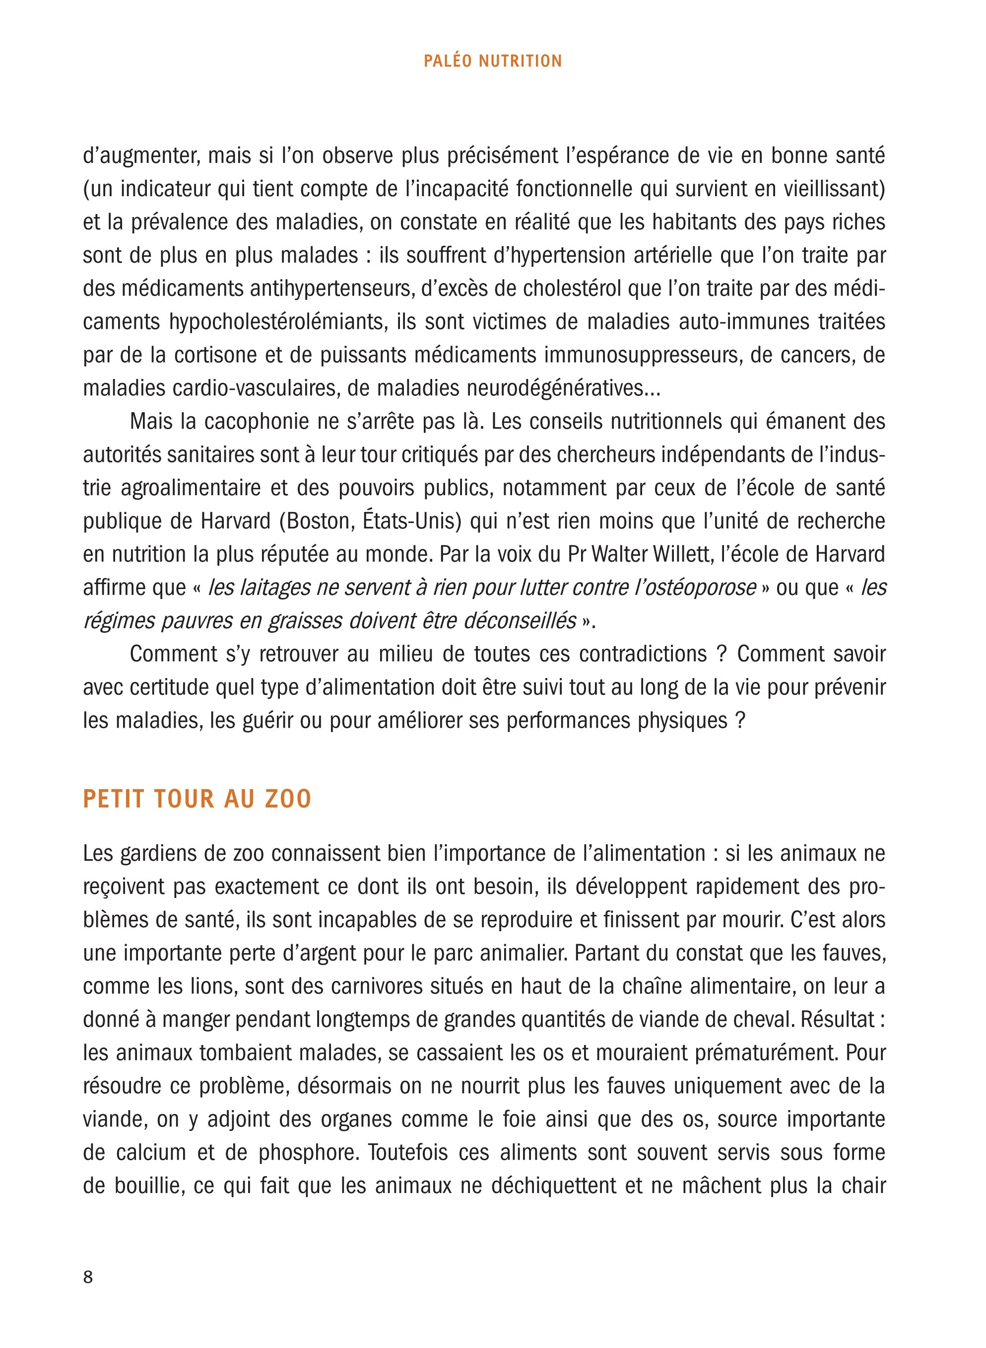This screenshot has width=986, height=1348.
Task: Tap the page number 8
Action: [x=88, y=1273]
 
